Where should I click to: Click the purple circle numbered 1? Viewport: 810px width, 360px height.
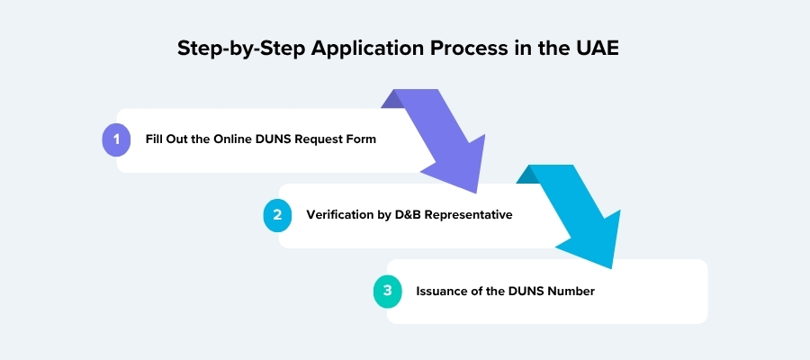(117, 140)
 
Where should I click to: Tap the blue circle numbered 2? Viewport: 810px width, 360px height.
(278, 215)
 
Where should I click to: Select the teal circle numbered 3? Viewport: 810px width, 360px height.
(388, 291)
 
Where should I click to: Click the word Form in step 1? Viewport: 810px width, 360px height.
(361, 139)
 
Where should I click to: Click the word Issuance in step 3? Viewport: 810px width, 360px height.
(443, 291)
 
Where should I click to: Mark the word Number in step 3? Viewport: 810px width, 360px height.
(571, 291)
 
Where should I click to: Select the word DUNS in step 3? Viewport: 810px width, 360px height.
(526, 291)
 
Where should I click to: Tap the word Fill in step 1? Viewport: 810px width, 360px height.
(154, 139)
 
